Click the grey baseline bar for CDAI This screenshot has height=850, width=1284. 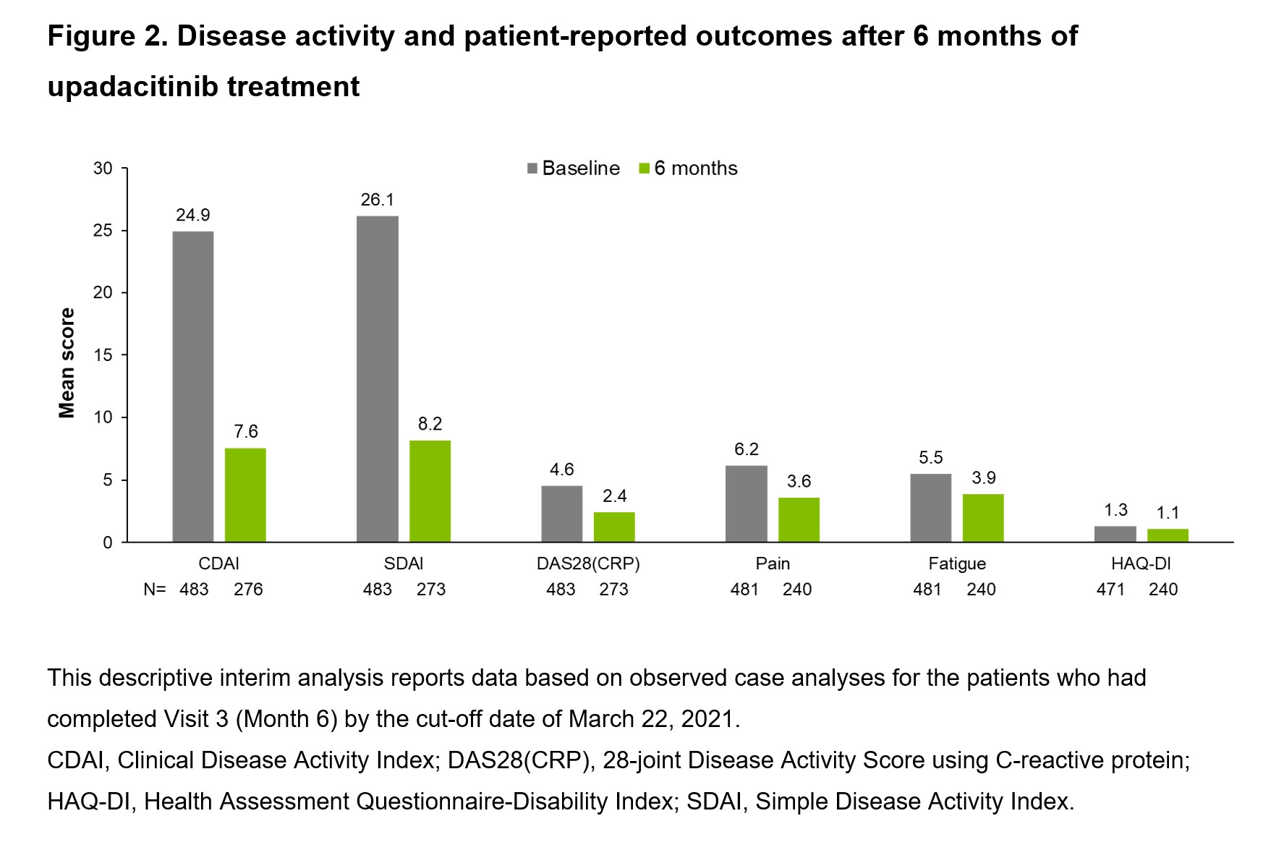tap(193, 386)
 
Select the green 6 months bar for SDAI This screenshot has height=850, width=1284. tap(430, 491)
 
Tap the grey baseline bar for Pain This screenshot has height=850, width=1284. tap(746, 503)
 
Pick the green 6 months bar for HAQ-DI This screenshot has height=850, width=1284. tap(1168, 535)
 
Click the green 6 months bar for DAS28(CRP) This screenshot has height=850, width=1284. tap(614, 527)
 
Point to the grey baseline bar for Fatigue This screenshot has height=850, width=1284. tap(930, 508)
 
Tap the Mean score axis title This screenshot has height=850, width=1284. tap(67, 363)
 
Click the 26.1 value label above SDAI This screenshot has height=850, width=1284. tap(378, 200)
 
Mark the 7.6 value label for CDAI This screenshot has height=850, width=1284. tap(246, 432)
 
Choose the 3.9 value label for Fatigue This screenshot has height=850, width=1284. tap(984, 477)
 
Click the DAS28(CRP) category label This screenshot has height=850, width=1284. tap(588, 564)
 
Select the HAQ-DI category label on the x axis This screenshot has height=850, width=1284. tap(1141, 564)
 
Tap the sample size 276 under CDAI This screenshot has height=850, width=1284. tap(248, 590)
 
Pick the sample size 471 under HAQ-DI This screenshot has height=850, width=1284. tap(1110, 590)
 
